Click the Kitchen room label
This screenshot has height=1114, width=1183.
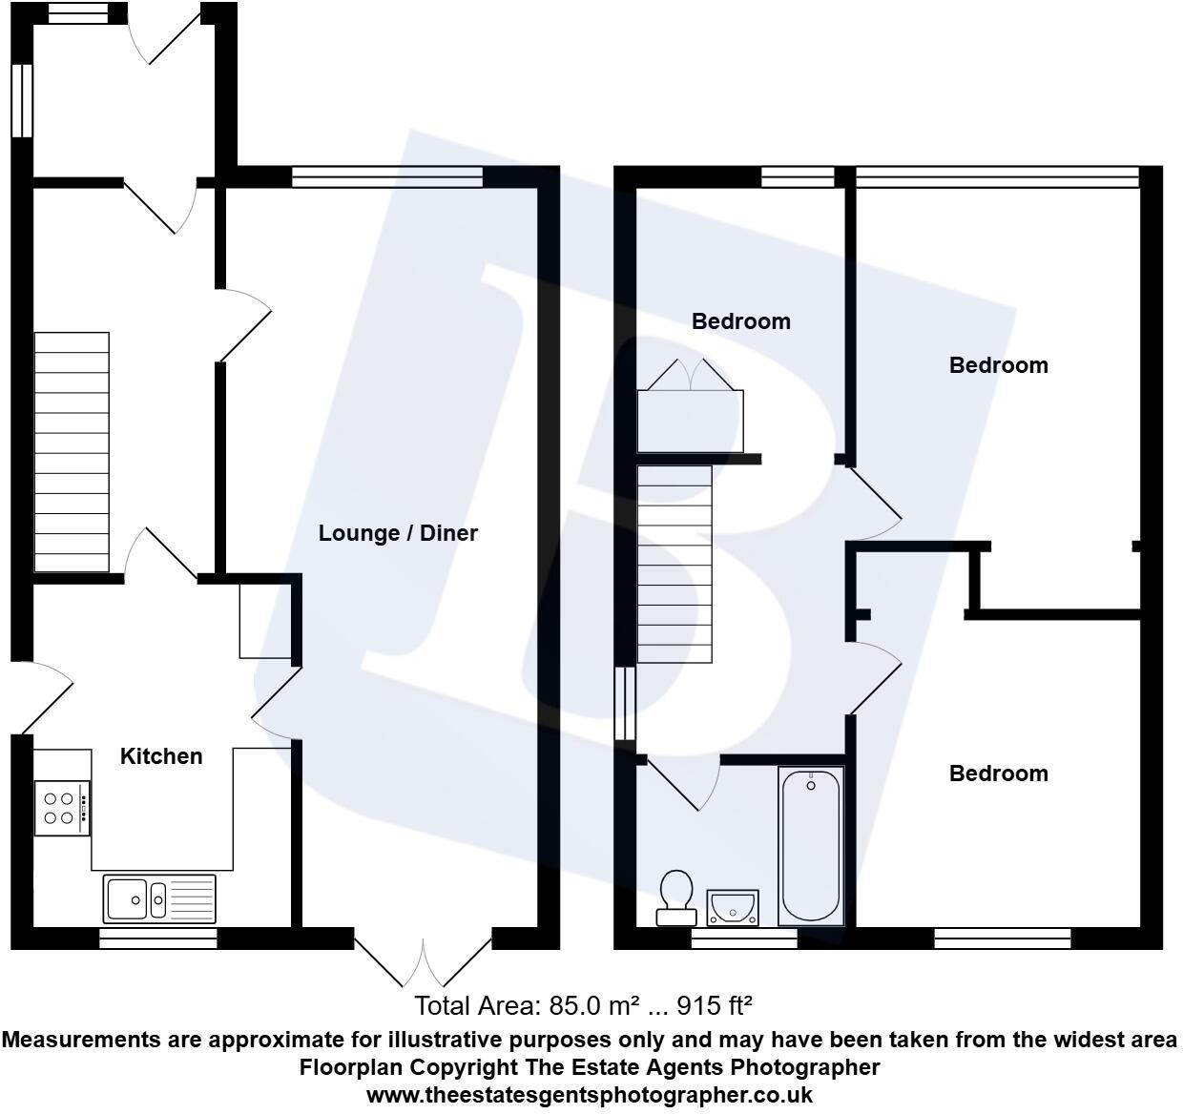tap(161, 756)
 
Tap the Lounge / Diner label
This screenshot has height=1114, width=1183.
tap(398, 533)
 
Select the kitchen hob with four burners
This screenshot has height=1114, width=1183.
tap(62, 808)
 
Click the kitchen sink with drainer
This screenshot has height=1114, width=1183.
tap(159, 898)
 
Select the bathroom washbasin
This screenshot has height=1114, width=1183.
tap(733, 907)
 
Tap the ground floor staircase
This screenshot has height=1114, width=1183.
tap(72, 452)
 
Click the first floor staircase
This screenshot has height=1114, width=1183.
tap(675, 564)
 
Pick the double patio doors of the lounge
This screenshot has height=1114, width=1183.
tap(423, 959)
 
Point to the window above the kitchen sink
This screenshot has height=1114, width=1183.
tap(158, 939)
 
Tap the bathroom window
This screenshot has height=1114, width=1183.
tap(743, 939)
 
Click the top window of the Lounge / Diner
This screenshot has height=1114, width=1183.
tap(386, 177)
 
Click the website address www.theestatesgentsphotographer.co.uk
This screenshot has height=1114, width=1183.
tap(590, 1095)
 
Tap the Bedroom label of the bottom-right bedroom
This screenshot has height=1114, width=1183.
tap(998, 774)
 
